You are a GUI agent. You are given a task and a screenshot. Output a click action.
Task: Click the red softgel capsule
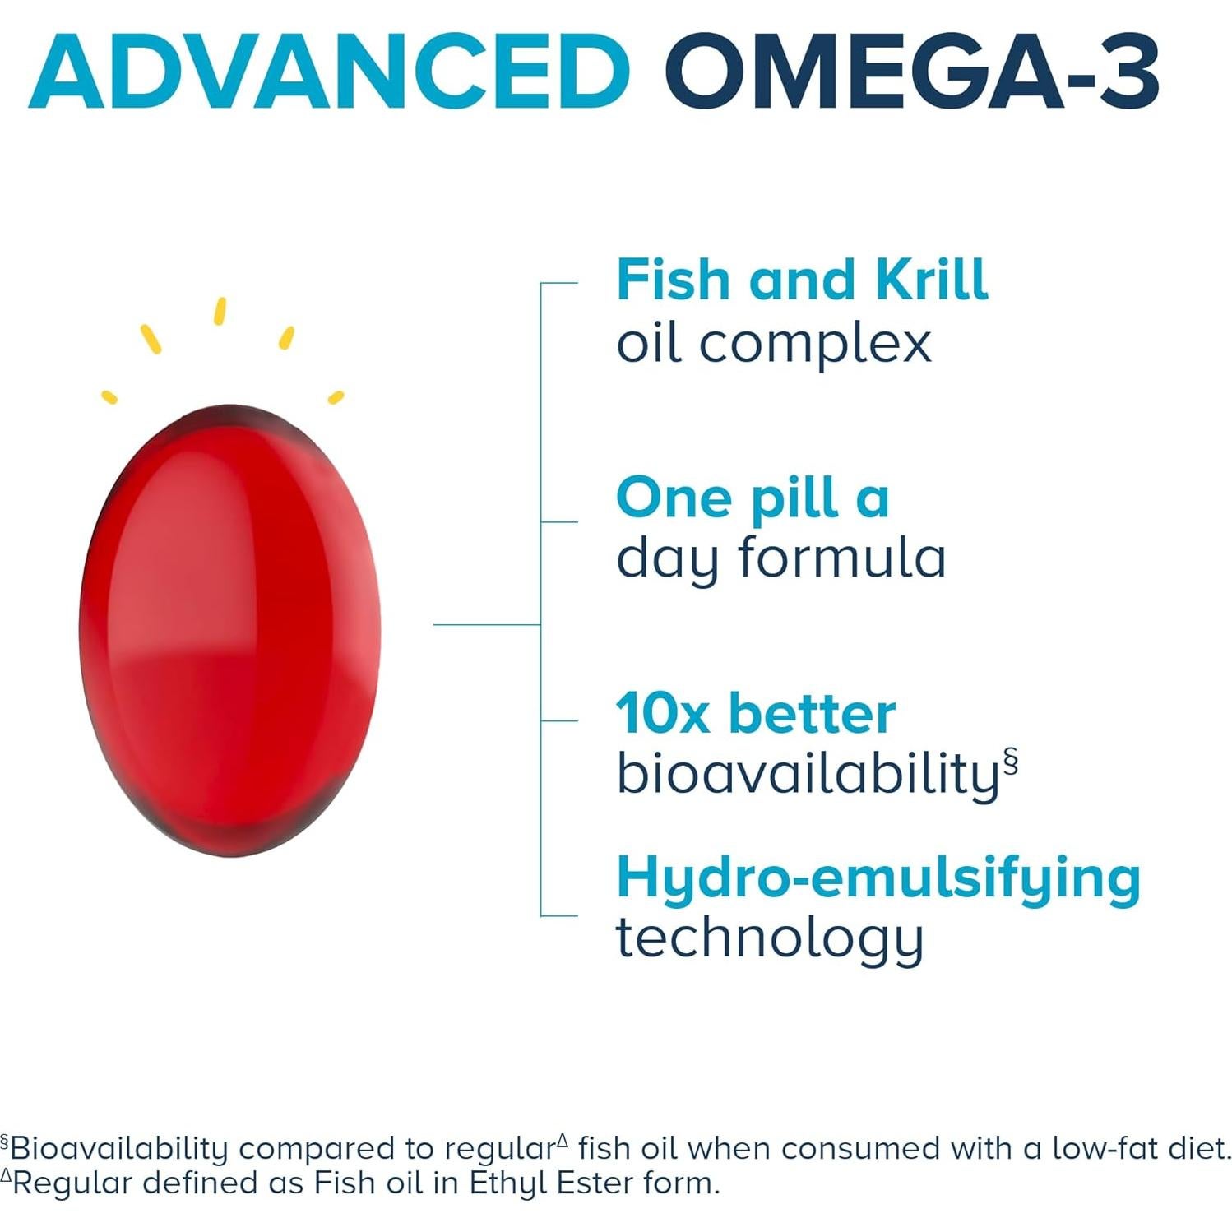[230, 629]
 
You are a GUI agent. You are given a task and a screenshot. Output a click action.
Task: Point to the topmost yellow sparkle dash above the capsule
[220, 311]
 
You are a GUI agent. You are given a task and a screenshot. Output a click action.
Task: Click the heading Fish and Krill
[802, 280]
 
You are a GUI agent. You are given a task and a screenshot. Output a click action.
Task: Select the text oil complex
[773, 343]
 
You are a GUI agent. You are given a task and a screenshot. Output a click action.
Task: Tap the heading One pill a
[753, 498]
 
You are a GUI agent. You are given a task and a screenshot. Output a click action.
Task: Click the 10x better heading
[755, 713]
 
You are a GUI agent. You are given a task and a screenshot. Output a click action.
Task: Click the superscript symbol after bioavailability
[1011, 761]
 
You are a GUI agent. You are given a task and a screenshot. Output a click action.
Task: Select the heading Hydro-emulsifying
[878, 878]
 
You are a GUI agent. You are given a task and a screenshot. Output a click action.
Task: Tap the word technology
[770, 938]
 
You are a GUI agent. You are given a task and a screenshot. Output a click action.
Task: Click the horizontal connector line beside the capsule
[486, 625]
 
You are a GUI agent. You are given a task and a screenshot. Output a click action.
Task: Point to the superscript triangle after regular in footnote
[563, 1140]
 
